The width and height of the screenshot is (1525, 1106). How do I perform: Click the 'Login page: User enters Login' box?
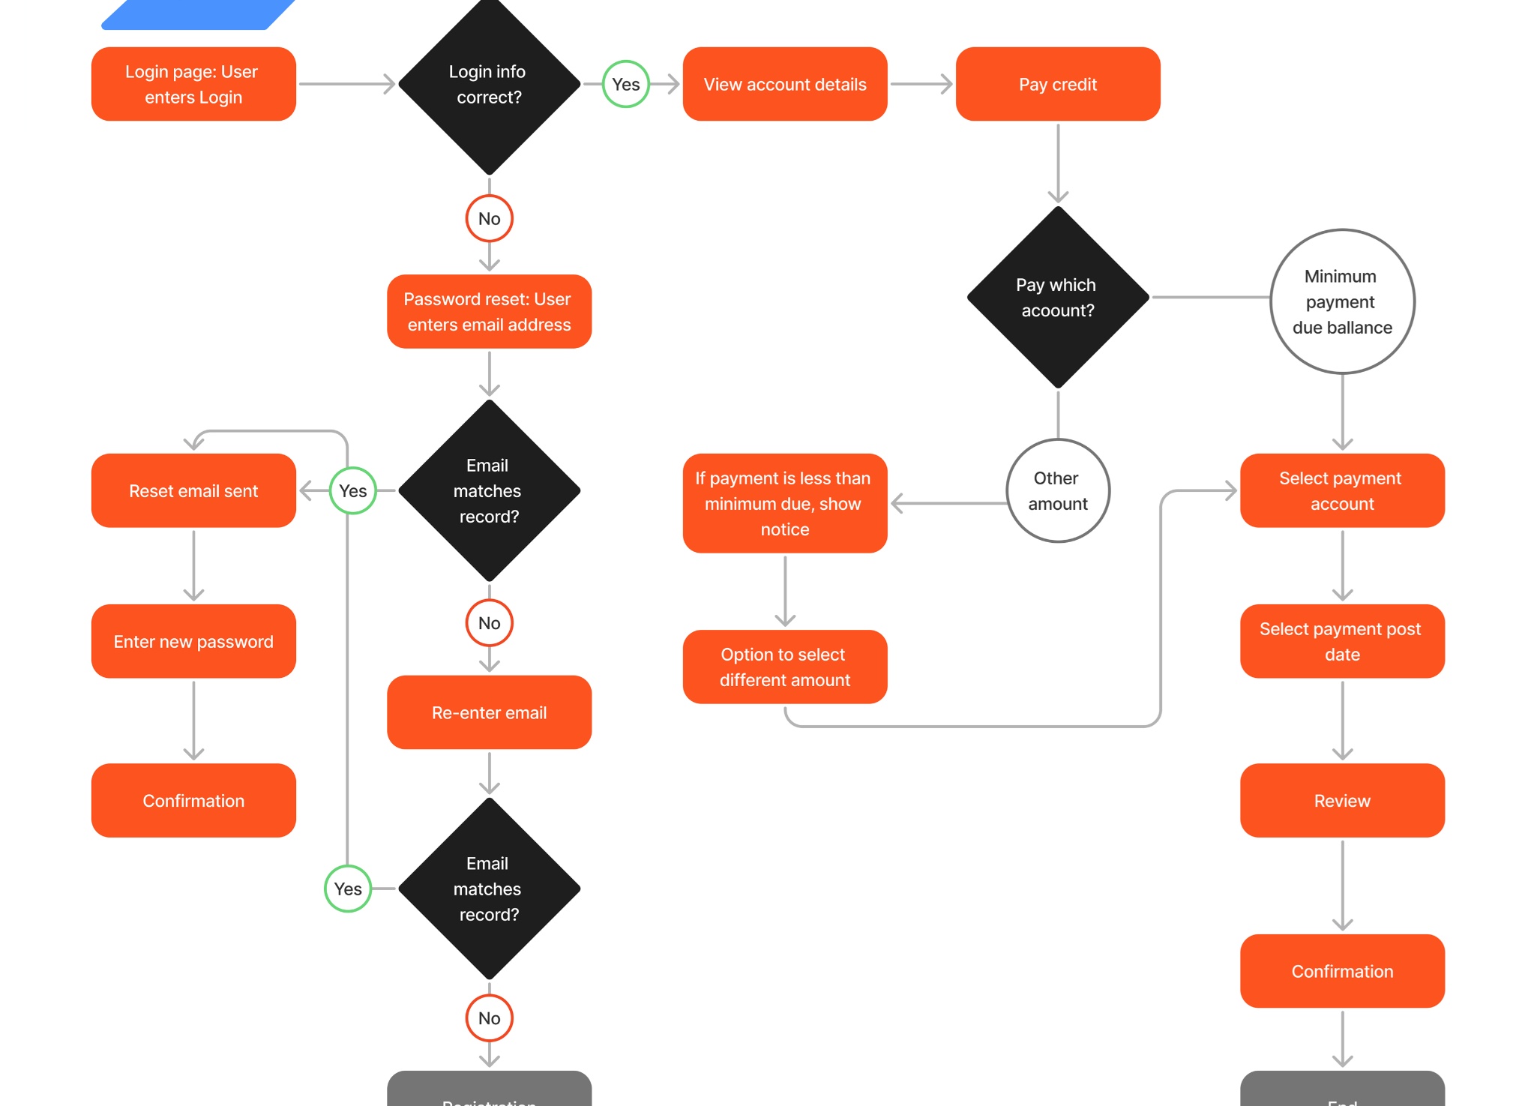click(x=193, y=84)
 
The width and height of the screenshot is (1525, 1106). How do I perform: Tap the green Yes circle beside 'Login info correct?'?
click(x=625, y=84)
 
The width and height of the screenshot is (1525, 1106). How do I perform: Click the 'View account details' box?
click(x=784, y=84)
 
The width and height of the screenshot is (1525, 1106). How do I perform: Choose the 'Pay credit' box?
click(x=1057, y=84)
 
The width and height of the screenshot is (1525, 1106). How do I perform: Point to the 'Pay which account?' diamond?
click(x=1057, y=297)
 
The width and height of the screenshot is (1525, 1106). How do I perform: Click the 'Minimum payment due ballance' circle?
click(x=1341, y=301)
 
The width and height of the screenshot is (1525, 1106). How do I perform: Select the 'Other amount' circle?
click(x=1057, y=490)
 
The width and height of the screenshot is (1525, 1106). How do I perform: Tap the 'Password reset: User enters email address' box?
click(x=489, y=311)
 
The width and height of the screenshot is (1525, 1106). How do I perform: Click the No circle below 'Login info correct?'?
click(x=489, y=218)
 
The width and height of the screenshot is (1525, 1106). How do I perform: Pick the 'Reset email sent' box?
click(x=193, y=490)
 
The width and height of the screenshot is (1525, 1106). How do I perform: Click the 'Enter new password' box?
click(x=193, y=641)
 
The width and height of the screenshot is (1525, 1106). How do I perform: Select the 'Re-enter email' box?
click(x=489, y=712)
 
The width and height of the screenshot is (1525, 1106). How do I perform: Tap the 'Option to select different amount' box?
click(x=784, y=667)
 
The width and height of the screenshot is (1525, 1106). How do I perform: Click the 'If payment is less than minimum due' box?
click(x=784, y=503)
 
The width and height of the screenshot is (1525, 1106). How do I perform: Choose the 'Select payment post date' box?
click(x=1341, y=641)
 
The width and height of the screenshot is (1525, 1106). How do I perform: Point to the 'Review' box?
click(x=1341, y=800)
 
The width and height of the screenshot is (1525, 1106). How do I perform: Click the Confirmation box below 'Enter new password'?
click(x=193, y=800)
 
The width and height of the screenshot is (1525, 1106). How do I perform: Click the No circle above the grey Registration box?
click(x=489, y=1018)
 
